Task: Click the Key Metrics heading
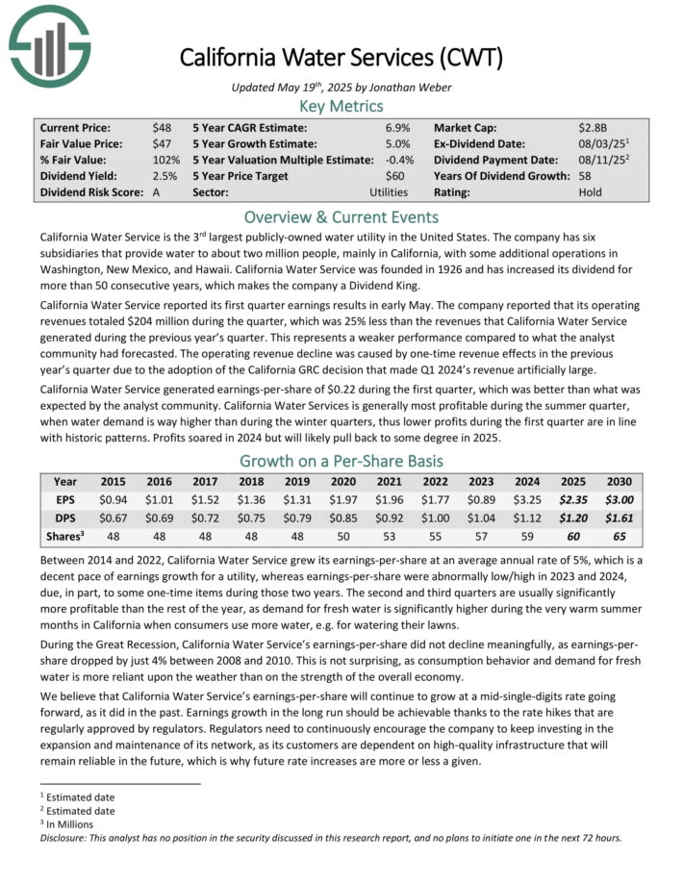point(341,106)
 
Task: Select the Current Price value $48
point(161,127)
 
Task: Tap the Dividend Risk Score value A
point(156,192)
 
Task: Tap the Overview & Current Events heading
point(341,216)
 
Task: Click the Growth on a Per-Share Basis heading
point(341,460)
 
